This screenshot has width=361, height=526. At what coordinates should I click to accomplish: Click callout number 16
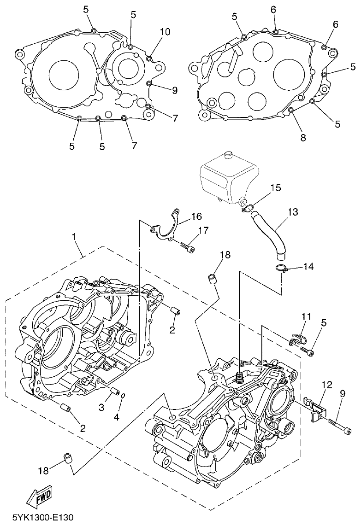click(x=196, y=216)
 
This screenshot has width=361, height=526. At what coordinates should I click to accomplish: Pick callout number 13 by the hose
click(x=293, y=212)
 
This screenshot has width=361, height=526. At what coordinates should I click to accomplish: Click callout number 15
click(x=275, y=188)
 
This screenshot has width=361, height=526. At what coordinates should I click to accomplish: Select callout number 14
click(x=308, y=266)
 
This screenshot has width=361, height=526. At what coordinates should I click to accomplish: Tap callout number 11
click(x=306, y=316)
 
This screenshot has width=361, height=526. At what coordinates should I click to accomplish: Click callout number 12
click(x=326, y=384)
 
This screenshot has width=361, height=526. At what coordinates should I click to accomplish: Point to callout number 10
click(x=165, y=32)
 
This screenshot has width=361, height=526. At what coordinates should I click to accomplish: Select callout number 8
click(x=303, y=137)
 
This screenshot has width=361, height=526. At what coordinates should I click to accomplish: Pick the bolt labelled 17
click(x=186, y=247)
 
